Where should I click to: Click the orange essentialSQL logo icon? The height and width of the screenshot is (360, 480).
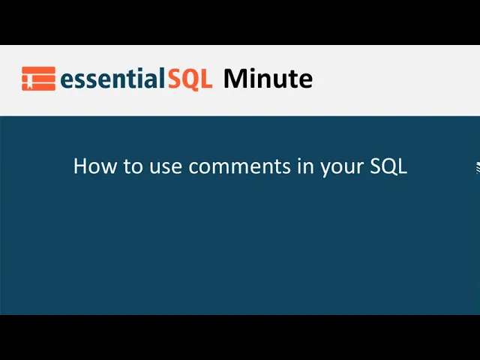[38, 79]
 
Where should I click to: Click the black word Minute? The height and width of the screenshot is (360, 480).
[268, 79]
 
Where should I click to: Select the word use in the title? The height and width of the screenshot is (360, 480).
[161, 166]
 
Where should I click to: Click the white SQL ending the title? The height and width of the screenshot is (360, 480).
[388, 166]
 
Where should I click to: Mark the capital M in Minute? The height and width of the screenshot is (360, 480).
[234, 79]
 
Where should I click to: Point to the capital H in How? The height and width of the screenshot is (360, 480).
[80, 166]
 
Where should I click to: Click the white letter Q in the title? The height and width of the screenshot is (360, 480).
[388, 166]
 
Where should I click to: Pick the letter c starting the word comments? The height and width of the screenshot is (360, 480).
[193, 167]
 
